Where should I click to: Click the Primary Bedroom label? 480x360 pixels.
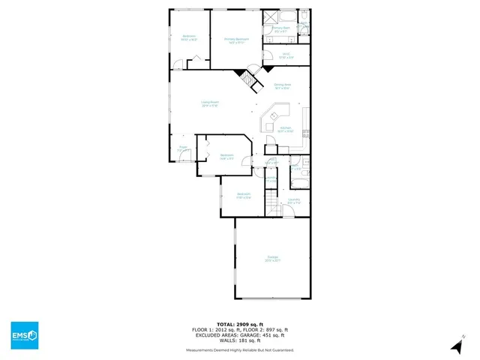pyautogui.click(x=235, y=40)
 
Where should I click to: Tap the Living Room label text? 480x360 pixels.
pyautogui.click(x=209, y=103)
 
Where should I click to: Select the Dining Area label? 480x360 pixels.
pyautogui.click(x=282, y=86)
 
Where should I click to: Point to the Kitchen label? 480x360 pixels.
pyautogui.click(x=285, y=130)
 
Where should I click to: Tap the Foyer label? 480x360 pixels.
pyautogui.click(x=182, y=148)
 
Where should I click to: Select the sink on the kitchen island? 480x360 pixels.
pyautogui.click(x=274, y=115)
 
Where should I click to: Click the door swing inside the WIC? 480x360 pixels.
pyautogui.click(x=268, y=54)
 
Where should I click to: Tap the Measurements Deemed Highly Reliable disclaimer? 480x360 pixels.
pyautogui.click(x=240, y=350)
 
